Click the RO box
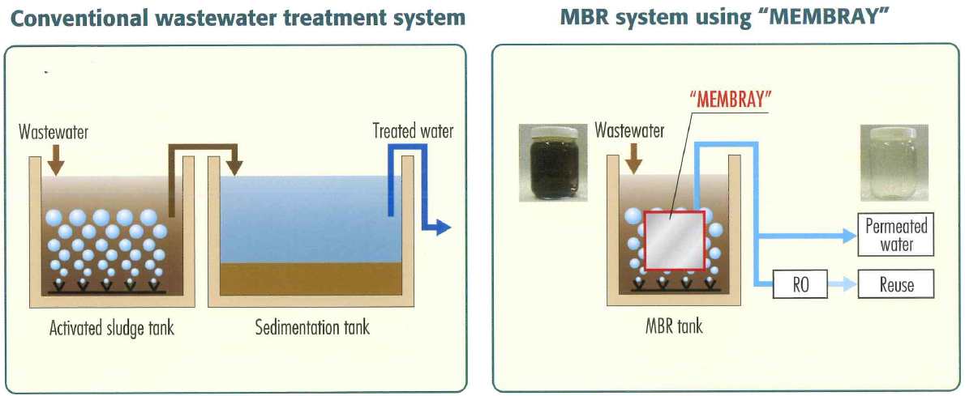coord(800,285)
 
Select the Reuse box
coord(896,285)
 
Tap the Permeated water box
coord(896,236)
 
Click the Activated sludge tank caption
coord(111,328)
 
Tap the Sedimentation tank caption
coord(312,328)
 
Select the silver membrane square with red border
coord(674,241)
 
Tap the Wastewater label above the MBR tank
coord(629,130)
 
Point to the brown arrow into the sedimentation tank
coord(234,165)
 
